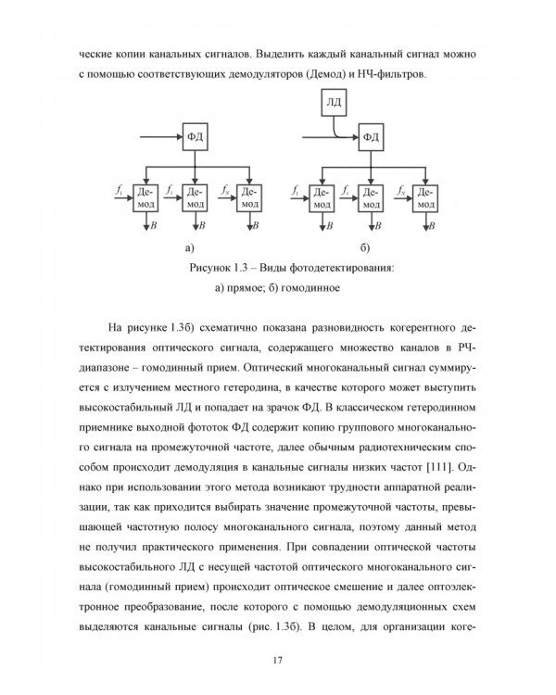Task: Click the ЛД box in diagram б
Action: click(x=334, y=99)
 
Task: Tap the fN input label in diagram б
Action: click(x=399, y=189)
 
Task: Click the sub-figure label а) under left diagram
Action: click(x=190, y=248)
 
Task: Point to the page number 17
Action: click(x=277, y=659)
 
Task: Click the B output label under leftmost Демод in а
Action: click(x=154, y=225)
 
